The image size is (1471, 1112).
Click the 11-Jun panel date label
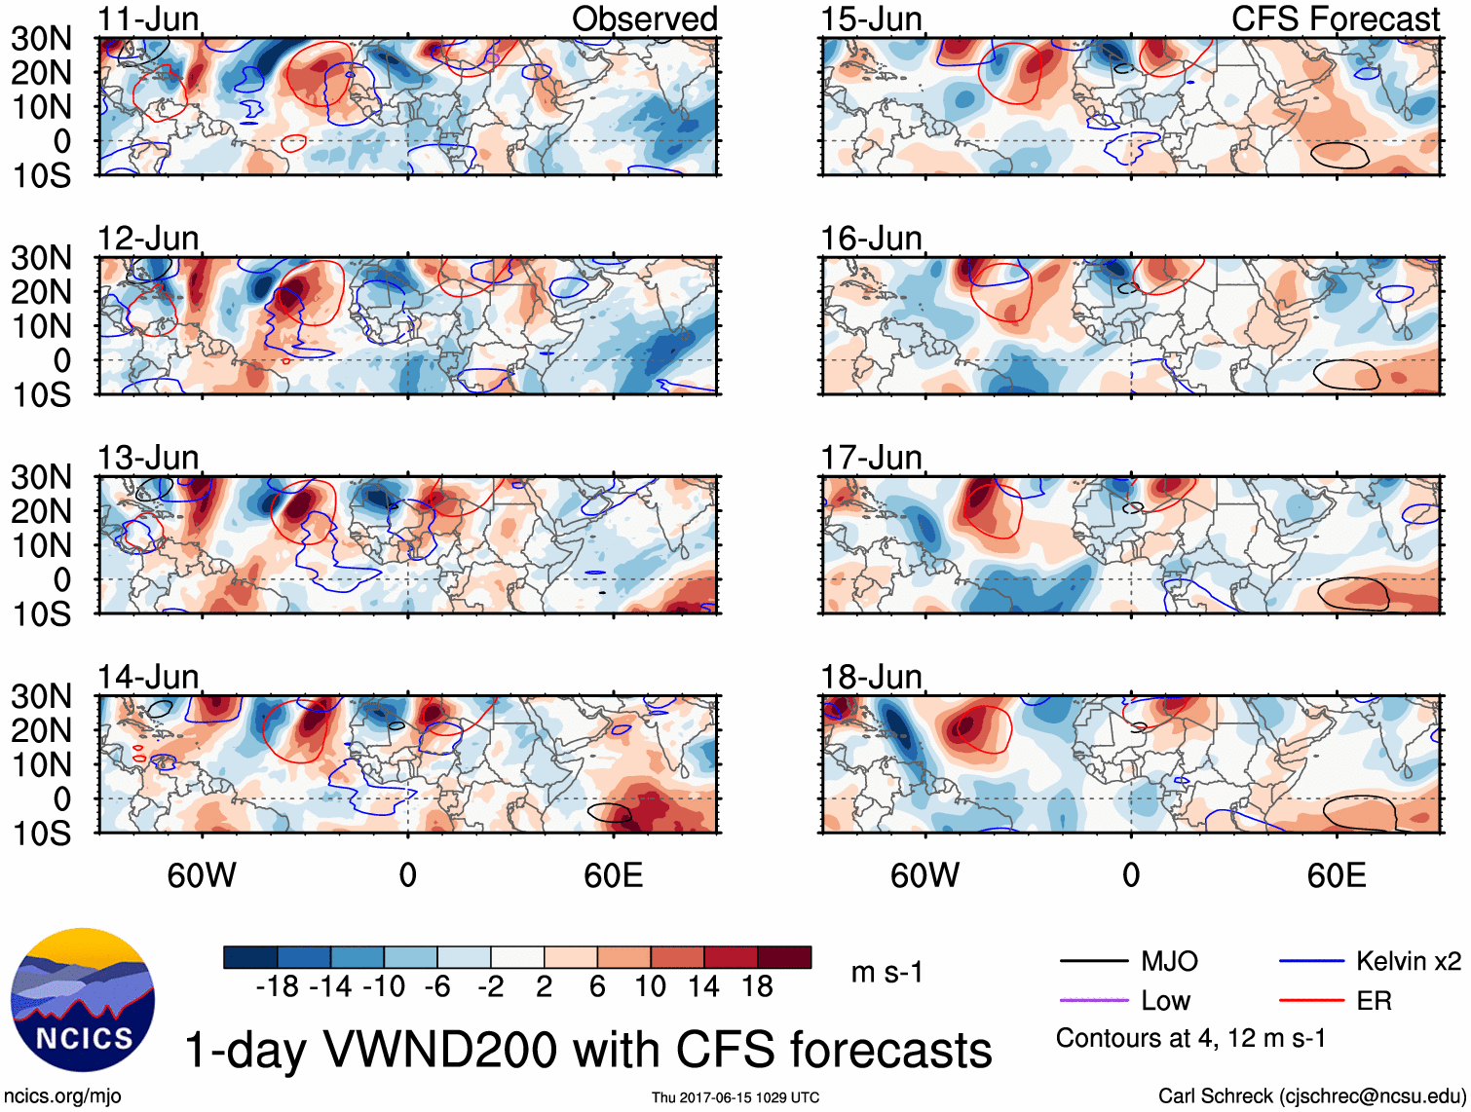(x=148, y=19)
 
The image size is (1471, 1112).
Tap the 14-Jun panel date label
(x=148, y=677)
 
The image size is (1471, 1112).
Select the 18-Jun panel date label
(x=871, y=677)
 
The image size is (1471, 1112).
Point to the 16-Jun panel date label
(x=871, y=239)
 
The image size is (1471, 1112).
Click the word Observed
(x=644, y=19)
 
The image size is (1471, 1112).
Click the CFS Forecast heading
(x=1335, y=19)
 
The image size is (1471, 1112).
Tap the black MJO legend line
(x=1093, y=962)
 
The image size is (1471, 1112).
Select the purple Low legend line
(x=1093, y=1001)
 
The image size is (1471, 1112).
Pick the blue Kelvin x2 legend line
(x=1311, y=962)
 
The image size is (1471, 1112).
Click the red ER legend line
(x=1311, y=1001)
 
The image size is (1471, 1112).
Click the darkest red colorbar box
(x=784, y=957)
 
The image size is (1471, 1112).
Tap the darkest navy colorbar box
(x=250, y=957)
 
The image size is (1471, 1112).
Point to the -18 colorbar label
(x=278, y=987)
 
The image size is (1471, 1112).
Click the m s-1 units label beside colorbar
(x=886, y=973)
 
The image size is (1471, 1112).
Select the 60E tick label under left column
(x=613, y=876)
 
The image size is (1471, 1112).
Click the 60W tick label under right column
(x=924, y=876)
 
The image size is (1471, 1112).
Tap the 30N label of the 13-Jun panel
(x=41, y=477)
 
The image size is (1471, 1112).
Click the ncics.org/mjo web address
(x=62, y=1096)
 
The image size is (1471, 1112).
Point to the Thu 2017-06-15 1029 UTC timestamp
(x=735, y=1097)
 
